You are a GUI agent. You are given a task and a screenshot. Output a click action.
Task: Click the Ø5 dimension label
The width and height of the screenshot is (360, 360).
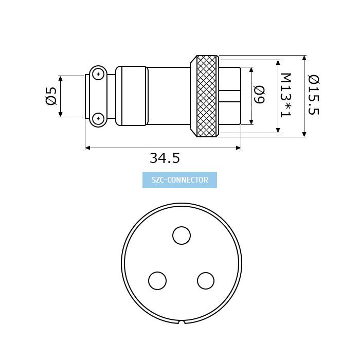pyautogui.click(x=51, y=96)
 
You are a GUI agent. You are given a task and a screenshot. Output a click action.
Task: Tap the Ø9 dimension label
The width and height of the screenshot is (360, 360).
pyautogui.click(x=259, y=95)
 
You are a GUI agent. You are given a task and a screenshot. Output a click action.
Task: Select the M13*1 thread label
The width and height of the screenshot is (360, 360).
pyautogui.click(x=286, y=95)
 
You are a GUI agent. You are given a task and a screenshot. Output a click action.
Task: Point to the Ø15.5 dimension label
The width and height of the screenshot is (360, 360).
pyautogui.click(x=314, y=95)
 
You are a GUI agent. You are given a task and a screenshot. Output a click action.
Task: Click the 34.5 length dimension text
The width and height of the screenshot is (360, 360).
pyautogui.click(x=165, y=158)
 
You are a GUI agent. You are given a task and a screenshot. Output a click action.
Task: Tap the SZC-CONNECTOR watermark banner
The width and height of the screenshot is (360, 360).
pyautogui.click(x=180, y=180)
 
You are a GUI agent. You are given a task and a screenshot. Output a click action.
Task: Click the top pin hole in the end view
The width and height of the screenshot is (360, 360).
pyautogui.click(x=182, y=236)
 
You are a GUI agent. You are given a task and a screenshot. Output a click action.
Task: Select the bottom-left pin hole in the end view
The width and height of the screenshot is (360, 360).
pyautogui.click(x=157, y=281)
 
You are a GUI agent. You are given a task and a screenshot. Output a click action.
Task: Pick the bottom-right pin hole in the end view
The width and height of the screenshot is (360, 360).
pyautogui.click(x=206, y=281)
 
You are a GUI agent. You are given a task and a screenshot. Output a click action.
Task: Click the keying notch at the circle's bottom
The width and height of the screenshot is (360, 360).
pyautogui.click(x=182, y=322)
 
